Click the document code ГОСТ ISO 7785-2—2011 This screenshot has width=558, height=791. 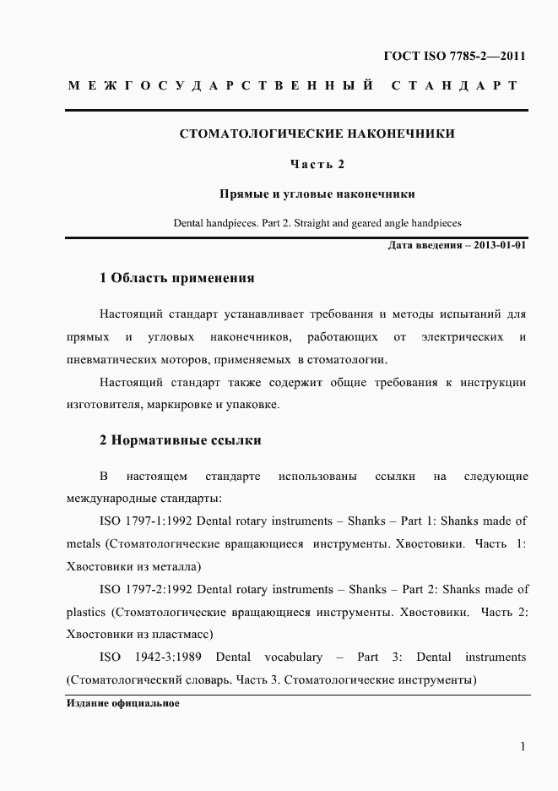coord(455,57)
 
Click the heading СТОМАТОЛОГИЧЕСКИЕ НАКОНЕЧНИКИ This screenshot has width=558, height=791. coord(317,134)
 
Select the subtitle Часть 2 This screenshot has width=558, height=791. coord(317,164)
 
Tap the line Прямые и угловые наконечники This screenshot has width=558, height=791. coord(317,194)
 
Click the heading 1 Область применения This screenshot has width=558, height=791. coord(176,278)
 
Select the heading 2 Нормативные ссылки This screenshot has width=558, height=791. coord(181,440)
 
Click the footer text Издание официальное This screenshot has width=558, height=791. coord(122,703)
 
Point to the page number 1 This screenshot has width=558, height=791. coord(523,746)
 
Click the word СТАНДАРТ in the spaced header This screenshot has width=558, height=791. coord(454,86)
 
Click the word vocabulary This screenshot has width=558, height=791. coord(293,657)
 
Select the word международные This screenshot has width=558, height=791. coord(107,499)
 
